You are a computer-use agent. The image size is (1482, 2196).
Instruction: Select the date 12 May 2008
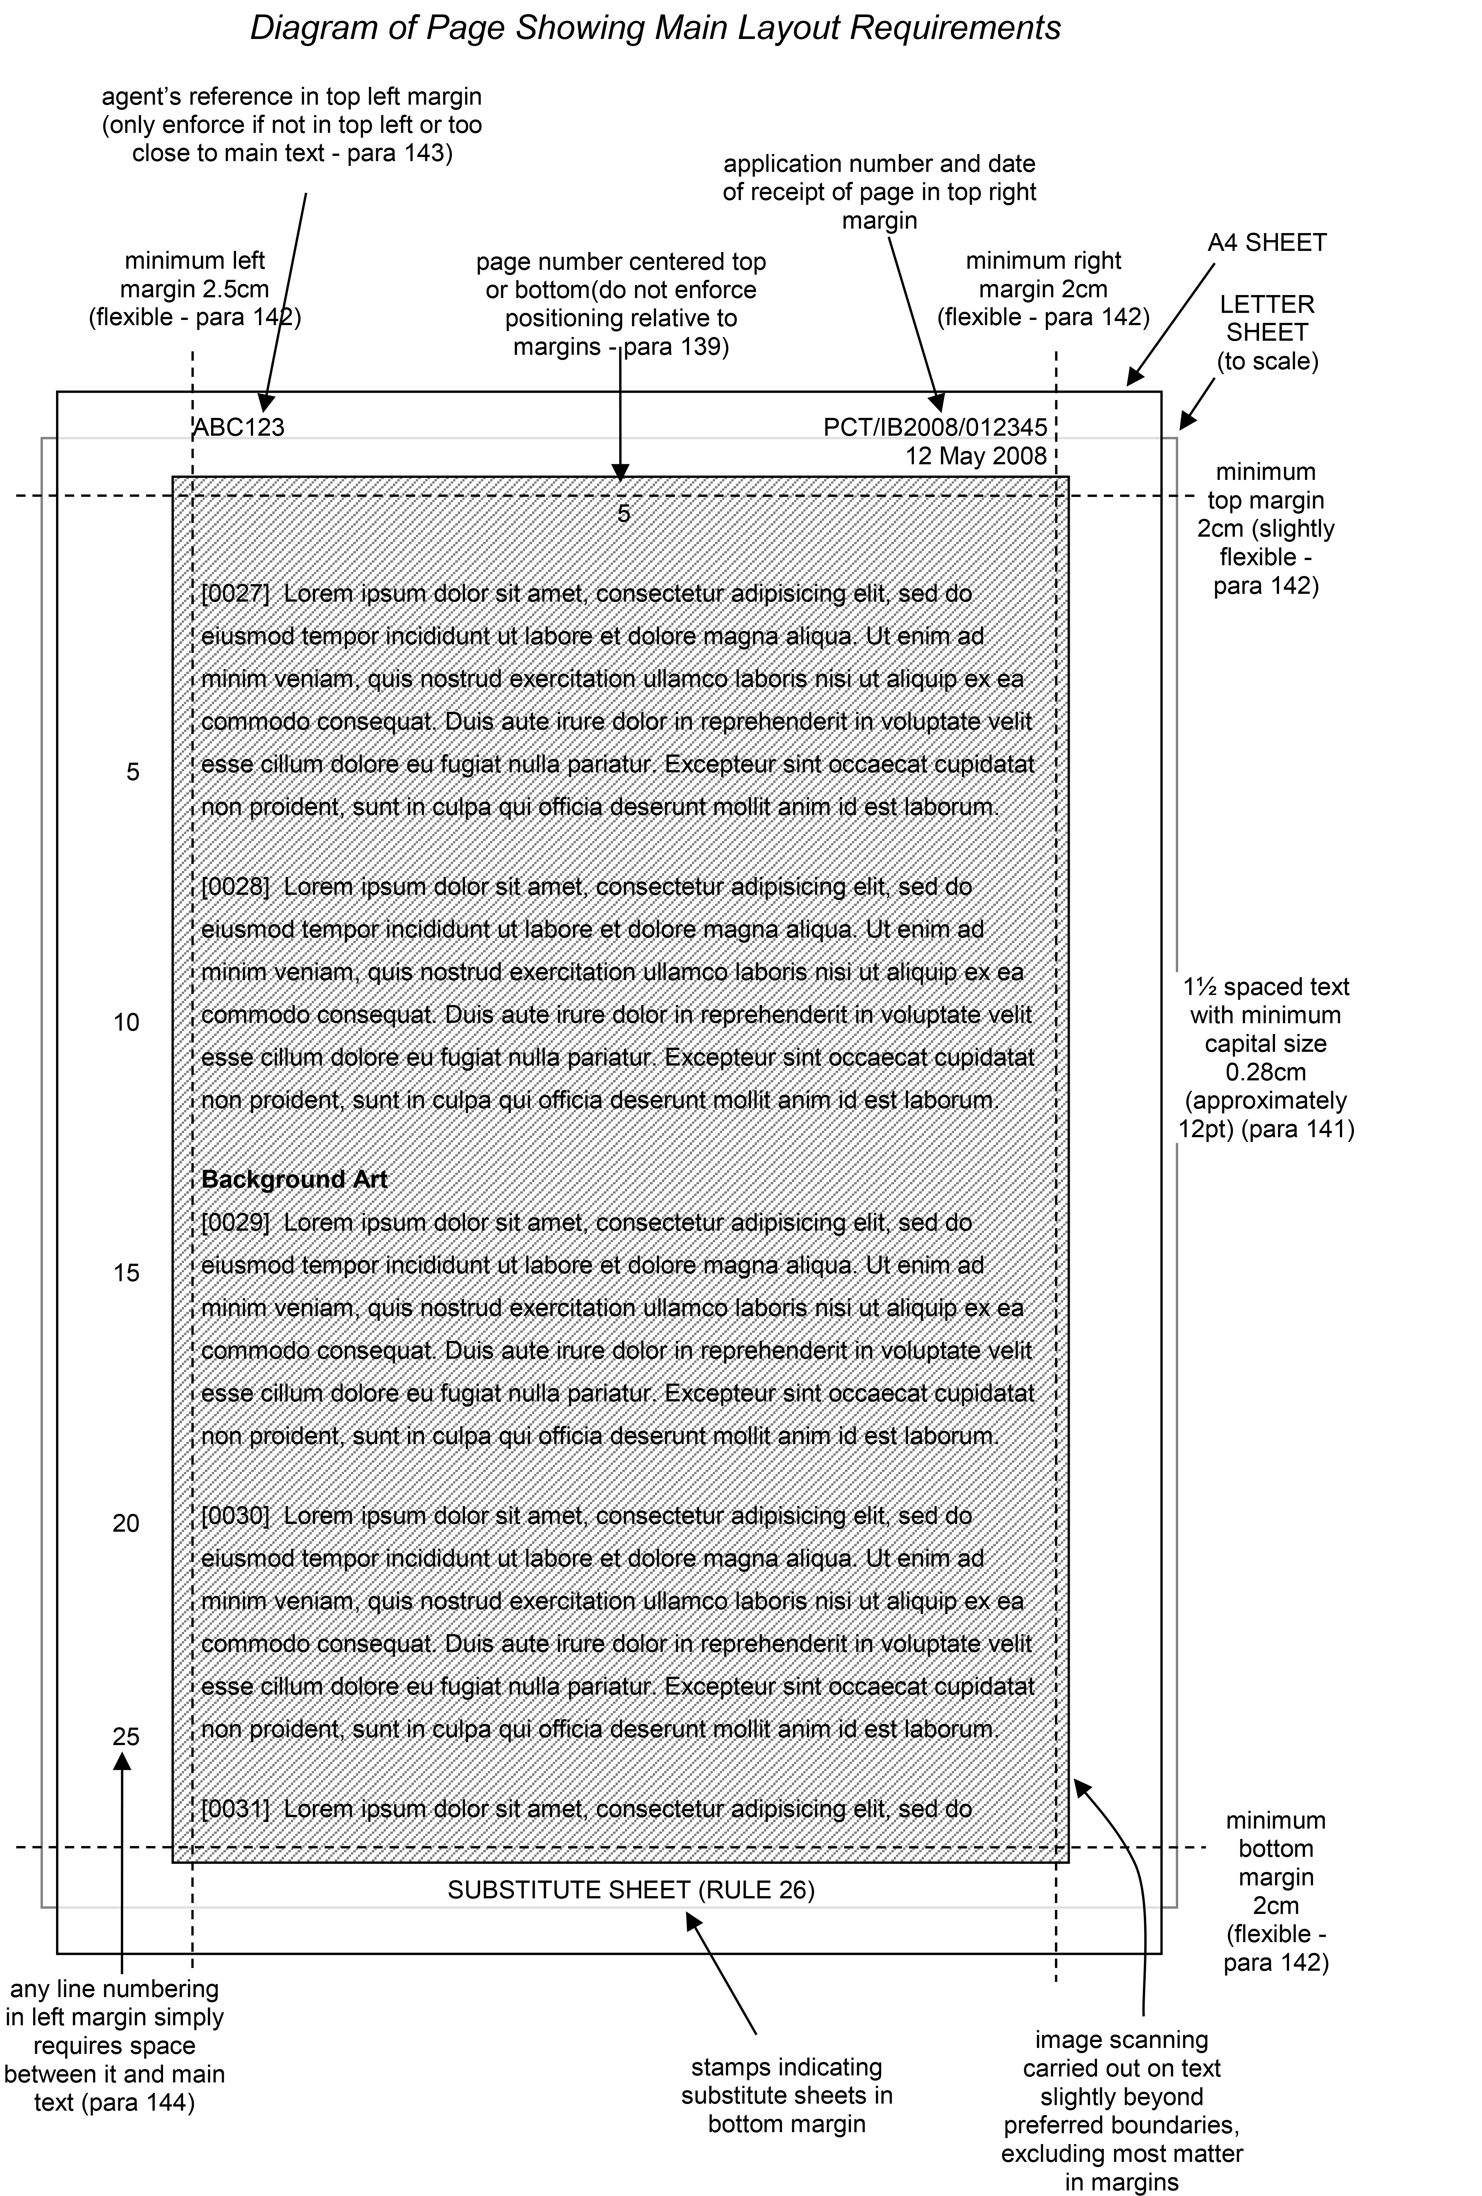coord(976,456)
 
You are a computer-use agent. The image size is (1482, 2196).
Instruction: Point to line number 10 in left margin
coord(127,1022)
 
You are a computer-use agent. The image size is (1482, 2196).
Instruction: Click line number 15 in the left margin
coord(127,1273)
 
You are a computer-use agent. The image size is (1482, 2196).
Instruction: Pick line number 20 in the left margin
coord(127,1523)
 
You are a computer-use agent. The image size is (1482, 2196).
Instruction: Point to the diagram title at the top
coord(655,28)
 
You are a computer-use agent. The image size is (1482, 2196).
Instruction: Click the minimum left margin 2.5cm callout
coord(194,289)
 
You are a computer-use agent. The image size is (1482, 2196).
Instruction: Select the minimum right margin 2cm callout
coord(1043,289)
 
